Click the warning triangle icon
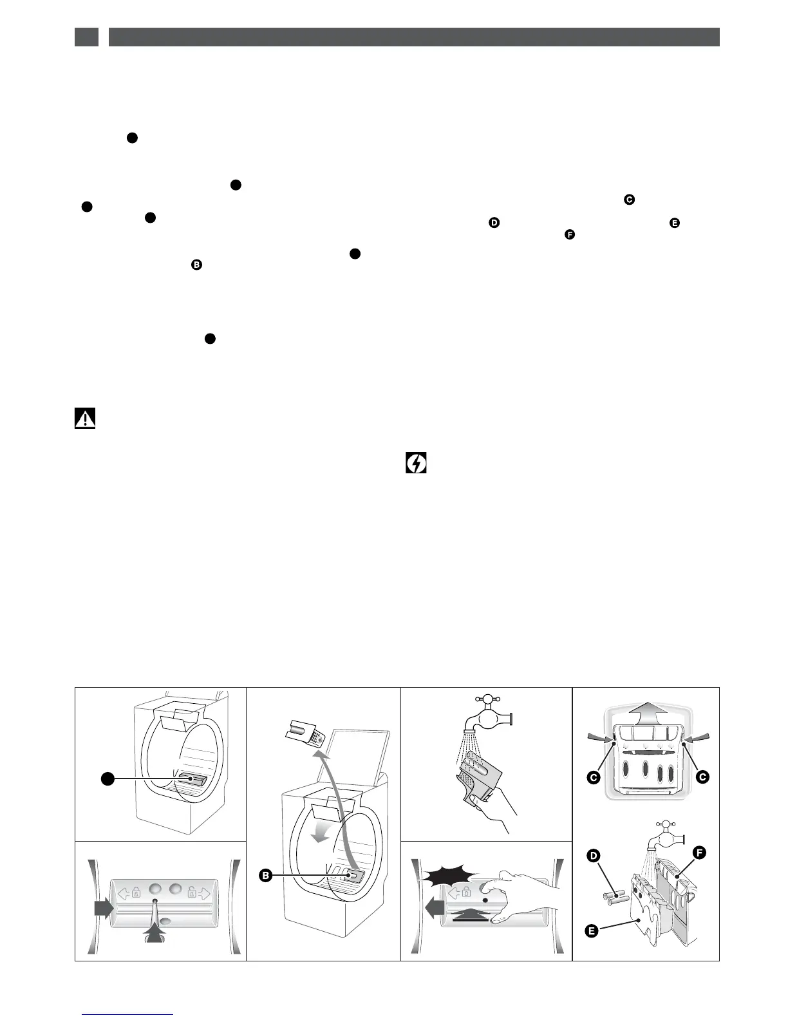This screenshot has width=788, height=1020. click(x=84, y=419)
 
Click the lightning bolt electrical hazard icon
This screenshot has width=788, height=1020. click(x=417, y=463)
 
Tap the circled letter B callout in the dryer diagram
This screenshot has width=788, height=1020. click(x=265, y=875)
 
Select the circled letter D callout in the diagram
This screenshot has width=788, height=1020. click(x=594, y=856)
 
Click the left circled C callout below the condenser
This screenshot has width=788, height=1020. click(x=594, y=777)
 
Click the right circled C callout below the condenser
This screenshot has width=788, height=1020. click(x=702, y=777)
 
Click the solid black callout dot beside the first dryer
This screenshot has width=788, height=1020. click(x=108, y=779)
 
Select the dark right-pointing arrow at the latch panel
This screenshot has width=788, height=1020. click(x=103, y=908)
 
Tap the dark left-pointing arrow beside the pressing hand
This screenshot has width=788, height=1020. click(x=435, y=909)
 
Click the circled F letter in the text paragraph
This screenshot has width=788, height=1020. click(x=569, y=234)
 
